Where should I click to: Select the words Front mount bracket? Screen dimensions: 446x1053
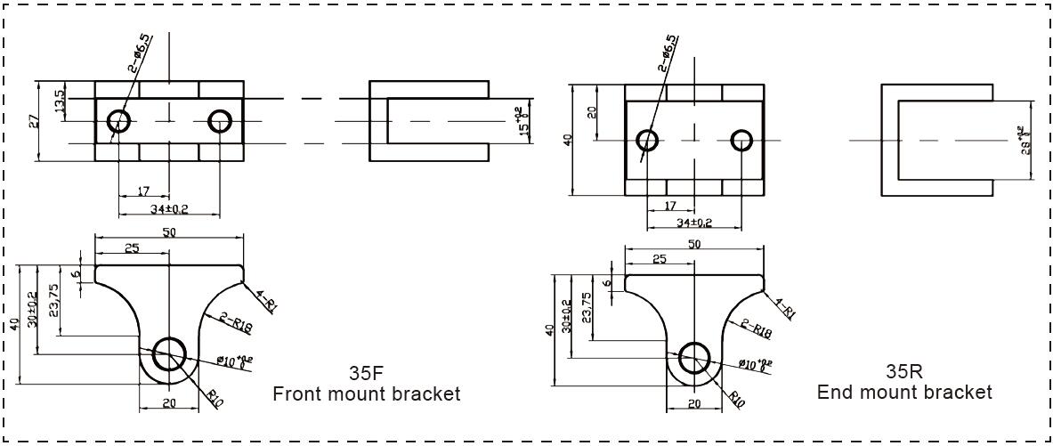pos(366,393)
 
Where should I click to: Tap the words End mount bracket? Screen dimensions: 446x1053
pos(903,392)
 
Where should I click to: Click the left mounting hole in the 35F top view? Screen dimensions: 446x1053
pos(118,121)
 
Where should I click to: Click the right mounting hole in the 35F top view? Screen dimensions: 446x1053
pos(219,121)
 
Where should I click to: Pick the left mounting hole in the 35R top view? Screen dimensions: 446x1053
pos(647,140)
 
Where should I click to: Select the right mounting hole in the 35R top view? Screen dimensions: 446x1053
pos(743,140)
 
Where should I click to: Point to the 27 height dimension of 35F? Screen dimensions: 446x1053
pos(34,121)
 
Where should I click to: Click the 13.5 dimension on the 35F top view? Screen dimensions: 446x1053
pos(60,101)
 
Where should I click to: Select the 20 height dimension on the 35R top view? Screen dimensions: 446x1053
pos(592,112)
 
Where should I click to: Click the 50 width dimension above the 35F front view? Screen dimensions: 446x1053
pos(168,232)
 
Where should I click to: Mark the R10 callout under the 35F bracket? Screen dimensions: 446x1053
pos(214,397)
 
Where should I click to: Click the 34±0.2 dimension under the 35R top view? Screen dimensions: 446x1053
pos(694,222)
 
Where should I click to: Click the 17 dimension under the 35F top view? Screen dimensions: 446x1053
pos(142,191)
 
